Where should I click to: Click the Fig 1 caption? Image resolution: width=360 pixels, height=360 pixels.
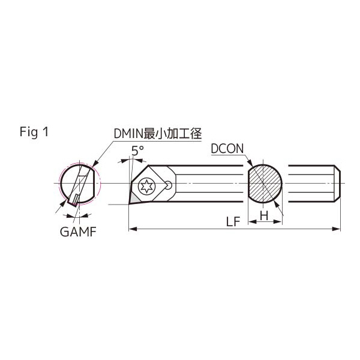coord(34,133)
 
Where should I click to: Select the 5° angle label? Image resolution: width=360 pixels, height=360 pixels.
coord(137,151)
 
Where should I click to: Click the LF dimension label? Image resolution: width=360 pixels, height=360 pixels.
coord(233,221)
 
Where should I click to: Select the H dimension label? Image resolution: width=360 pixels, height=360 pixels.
coord(265,215)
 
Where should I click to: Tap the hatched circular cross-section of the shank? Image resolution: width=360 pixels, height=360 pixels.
coord(265,184)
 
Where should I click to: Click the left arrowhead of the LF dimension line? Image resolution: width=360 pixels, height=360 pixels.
coord(133,229)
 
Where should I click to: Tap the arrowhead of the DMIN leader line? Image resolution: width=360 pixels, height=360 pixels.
coord(95,163)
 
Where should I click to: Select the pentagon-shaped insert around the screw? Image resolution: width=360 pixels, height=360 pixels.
coord(151,185)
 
